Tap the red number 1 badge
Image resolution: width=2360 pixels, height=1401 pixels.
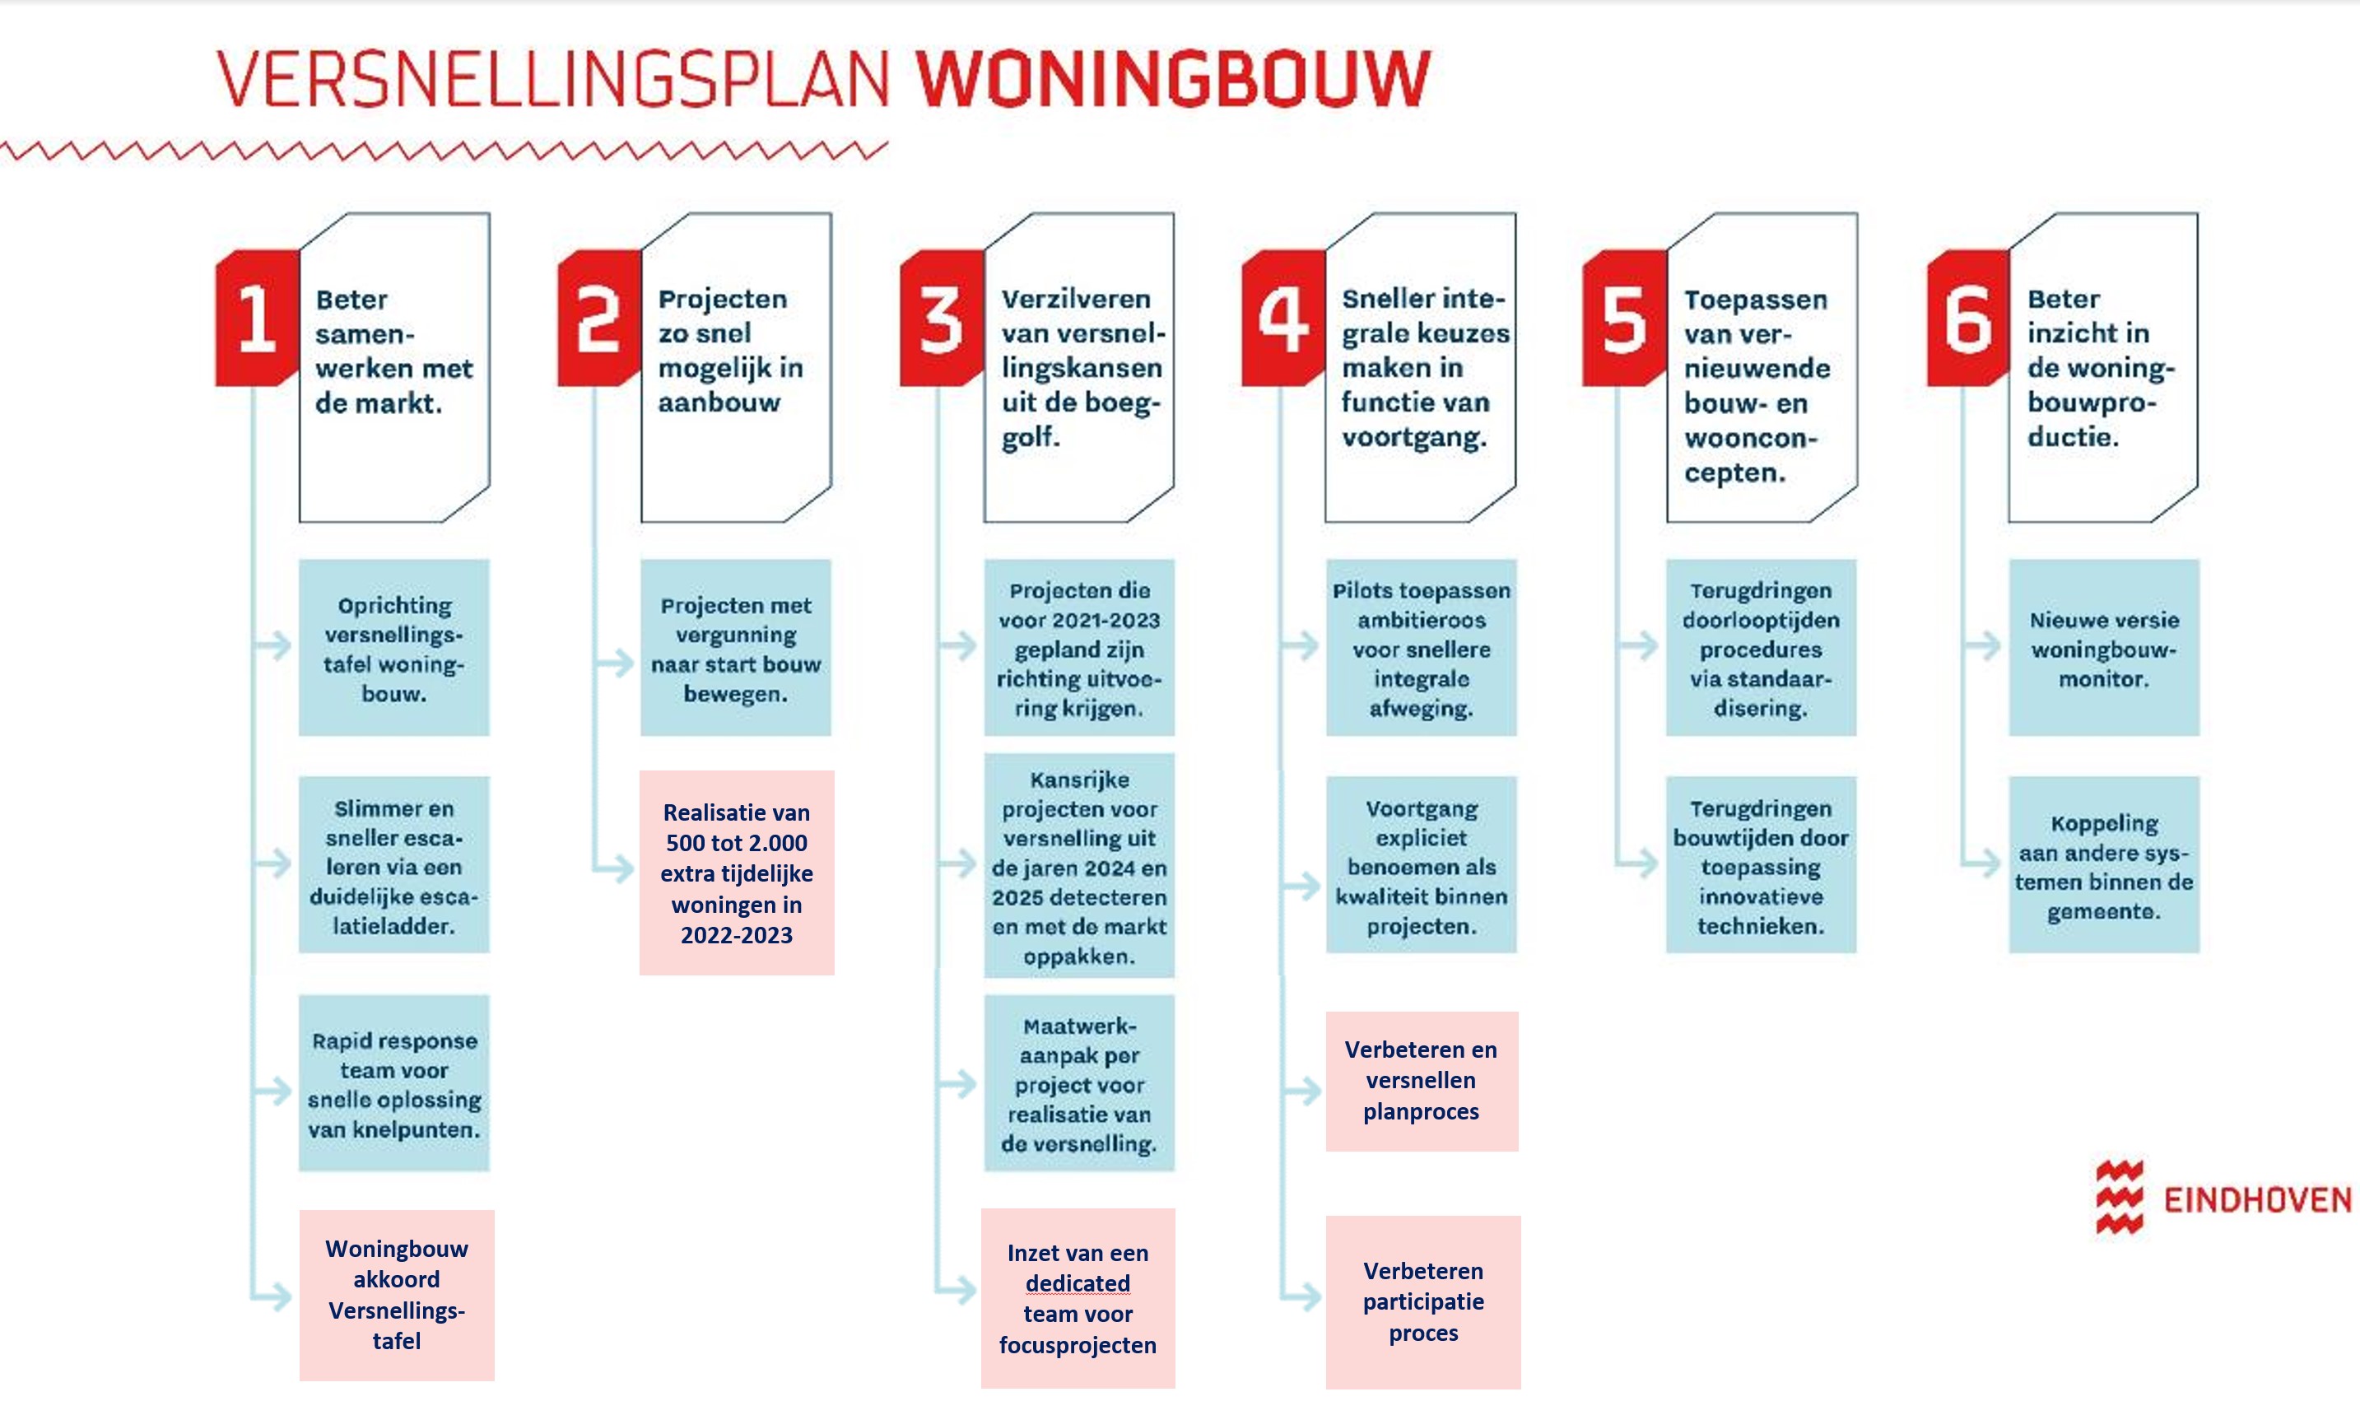coord(257,319)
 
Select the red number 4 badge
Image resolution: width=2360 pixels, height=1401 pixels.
coord(1283,319)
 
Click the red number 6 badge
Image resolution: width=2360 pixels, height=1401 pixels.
coord(1967,319)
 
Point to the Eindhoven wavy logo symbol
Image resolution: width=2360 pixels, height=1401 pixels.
coord(2120,1197)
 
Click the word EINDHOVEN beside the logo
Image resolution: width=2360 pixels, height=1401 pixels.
coord(2257,1200)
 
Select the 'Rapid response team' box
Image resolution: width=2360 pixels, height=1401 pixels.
coord(393,1084)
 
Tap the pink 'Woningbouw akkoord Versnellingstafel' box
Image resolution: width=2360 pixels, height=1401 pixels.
coord(397,1296)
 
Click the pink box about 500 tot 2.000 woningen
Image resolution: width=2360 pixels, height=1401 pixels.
coord(737,873)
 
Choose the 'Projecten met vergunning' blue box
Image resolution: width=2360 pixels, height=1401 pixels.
coord(735,648)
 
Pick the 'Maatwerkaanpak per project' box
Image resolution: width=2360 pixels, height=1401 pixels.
coord(1079,1084)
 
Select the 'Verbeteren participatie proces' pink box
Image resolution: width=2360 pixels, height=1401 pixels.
coord(1422,1302)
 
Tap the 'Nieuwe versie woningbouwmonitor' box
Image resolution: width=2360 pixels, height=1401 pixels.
coord(2103,648)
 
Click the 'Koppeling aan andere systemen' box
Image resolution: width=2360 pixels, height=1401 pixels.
coord(2103,865)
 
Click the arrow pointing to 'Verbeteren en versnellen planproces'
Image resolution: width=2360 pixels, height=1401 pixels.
coord(1301,1091)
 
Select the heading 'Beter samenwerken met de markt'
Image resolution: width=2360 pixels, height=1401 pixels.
coord(393,351)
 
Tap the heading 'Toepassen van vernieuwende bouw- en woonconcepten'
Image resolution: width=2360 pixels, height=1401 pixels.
coord(1757,386)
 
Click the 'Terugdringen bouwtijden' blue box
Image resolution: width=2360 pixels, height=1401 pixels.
coord(1761,865)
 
